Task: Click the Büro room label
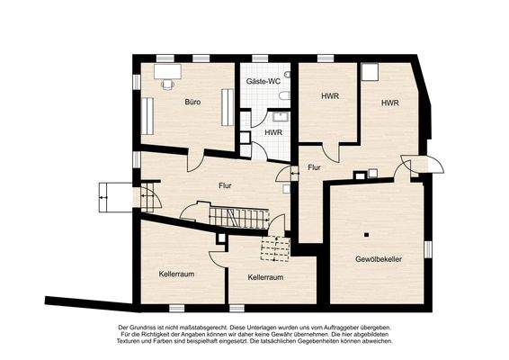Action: click(x=192, y=102)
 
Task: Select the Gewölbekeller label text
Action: click(x=378, y=259)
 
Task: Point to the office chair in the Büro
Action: click(x=168, y=82)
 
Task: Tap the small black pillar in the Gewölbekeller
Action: click(x=367, y=235)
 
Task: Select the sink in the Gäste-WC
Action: click(x=279, y=116)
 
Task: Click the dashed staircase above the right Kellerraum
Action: click(x=272, y=249)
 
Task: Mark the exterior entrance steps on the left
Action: click(x=110, y=193)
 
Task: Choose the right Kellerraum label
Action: click(x=265, y=278)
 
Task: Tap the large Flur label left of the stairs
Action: click(x=226, y=186)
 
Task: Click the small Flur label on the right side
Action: click(x=314, y=167)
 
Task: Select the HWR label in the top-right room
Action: click(x=389, y=103)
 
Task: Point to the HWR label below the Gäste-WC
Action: click(x=272, y=133)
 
